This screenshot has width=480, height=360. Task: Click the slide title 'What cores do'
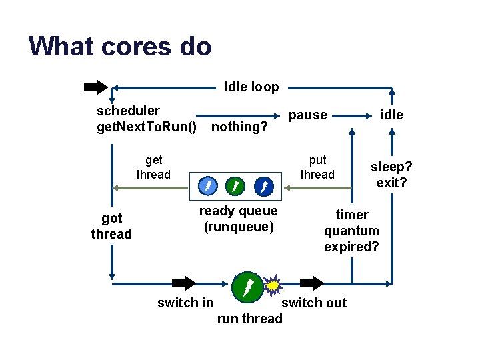(120, 47)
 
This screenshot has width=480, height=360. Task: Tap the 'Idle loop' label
(251, 87)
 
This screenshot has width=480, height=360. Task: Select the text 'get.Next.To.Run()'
(147, 127)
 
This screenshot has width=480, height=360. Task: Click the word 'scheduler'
(128, 110)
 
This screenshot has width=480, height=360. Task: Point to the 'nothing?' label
(239, 127)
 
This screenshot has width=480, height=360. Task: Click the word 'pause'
(307, 115)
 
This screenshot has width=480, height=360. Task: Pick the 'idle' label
(391, 115)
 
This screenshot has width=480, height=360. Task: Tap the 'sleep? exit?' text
(392, 174)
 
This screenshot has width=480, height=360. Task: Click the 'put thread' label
(317, 167)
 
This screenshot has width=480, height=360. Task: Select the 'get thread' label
(153, 167)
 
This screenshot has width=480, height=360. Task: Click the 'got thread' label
(111, 226)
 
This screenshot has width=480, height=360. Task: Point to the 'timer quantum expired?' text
(351, 231)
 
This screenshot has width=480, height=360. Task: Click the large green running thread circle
(247, 287)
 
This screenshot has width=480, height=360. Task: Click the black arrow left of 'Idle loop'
(96, 87)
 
